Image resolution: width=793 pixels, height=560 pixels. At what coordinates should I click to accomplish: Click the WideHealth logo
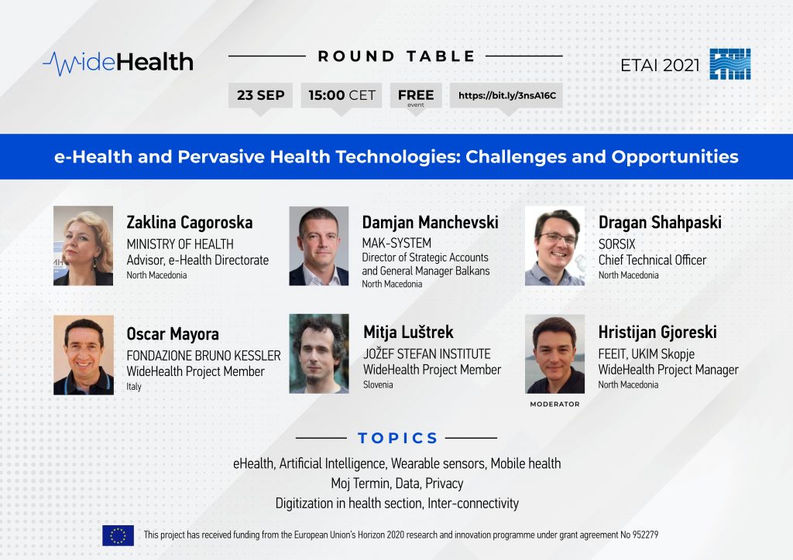(118, 63)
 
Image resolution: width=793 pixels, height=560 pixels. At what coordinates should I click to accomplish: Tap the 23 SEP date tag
(260, 95)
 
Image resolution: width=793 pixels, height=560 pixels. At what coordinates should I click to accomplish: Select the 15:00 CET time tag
(342, 95)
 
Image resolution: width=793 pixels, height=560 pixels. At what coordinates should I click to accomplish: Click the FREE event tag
(416, 95)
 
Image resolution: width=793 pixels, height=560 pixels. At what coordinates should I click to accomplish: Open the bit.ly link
(506, 95)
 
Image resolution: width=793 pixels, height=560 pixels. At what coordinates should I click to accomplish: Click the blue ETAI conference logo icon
(729, 64)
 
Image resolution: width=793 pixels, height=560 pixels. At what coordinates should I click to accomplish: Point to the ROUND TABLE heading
(396, 56)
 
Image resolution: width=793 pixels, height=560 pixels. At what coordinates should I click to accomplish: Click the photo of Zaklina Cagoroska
(84, 246)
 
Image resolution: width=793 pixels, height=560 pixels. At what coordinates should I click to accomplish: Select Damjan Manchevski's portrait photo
(318, 246)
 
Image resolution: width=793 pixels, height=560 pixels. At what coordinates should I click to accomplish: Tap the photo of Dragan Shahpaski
(554, 246)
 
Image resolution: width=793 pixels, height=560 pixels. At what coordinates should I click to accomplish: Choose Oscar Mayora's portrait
(84, 355)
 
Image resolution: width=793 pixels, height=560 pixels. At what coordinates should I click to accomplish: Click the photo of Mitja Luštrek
(318, 354)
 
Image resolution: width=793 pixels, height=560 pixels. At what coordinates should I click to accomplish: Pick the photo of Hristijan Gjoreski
(554, 354)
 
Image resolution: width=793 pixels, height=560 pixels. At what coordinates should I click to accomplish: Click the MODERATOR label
(554, 404)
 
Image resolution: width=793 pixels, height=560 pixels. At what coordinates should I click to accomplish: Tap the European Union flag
(118, 535)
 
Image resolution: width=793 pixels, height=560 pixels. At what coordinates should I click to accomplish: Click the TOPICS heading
(397, 438)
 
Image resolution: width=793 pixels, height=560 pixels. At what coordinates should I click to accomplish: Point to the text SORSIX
(616, 244)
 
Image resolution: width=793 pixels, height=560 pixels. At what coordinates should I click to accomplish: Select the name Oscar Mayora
(173, 334)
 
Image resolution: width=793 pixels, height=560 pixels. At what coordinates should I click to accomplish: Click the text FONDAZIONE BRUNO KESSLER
(204, 356)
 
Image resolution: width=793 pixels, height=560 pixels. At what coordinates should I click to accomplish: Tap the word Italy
(133, 386)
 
